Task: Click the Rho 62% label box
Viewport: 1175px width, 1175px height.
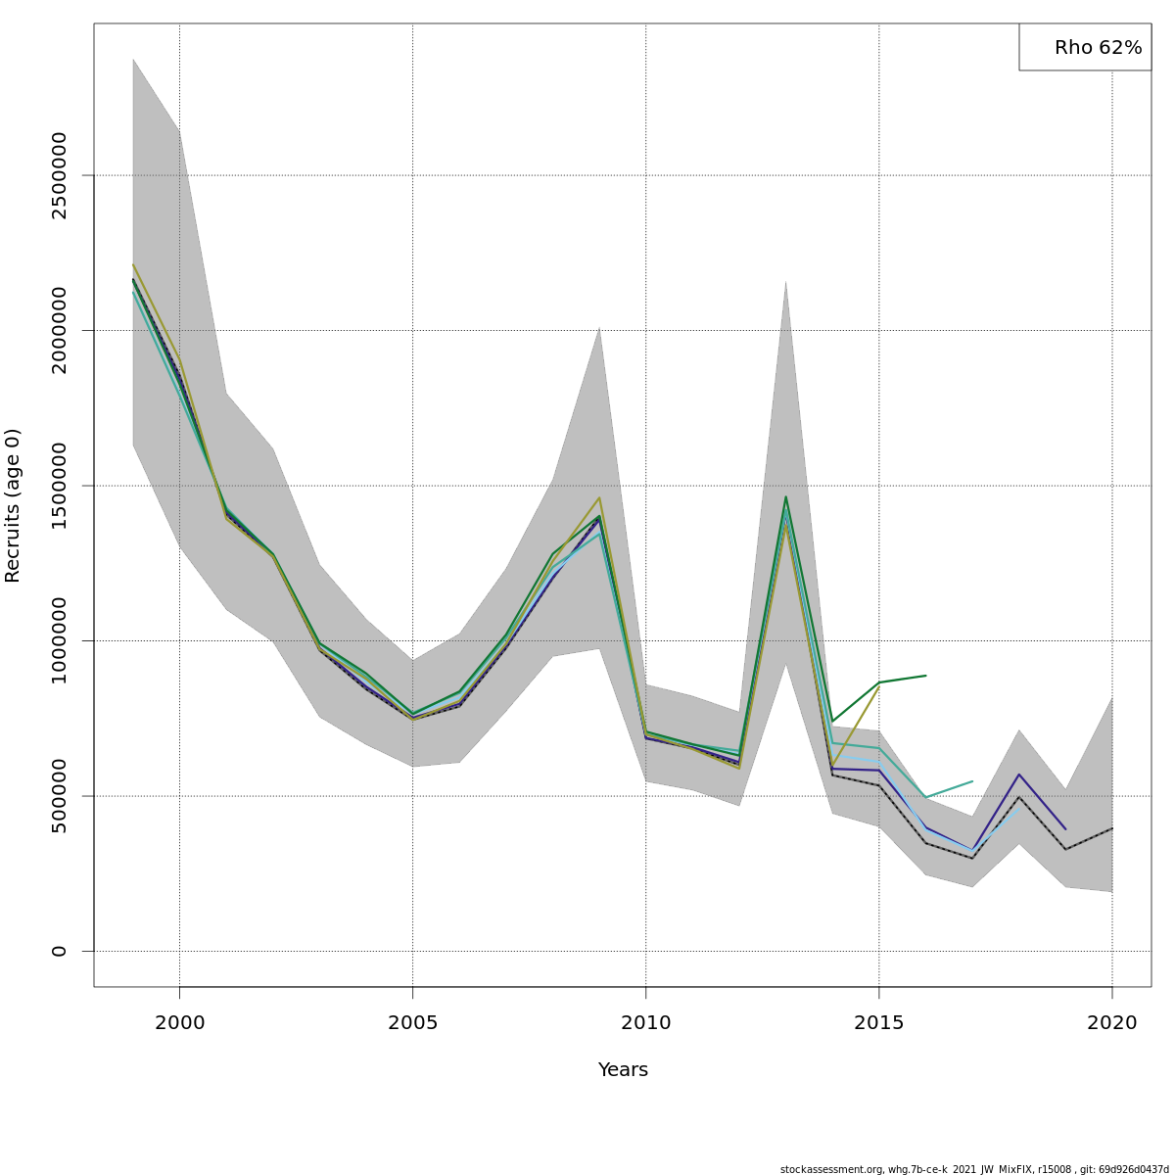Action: point(1085,47)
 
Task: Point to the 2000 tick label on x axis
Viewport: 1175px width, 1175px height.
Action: point(179,1023)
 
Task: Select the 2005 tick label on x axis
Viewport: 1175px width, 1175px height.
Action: point(412,1023)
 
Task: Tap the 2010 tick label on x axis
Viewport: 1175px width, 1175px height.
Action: point(645,1023)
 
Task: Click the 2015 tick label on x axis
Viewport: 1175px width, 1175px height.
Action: point(878,1023)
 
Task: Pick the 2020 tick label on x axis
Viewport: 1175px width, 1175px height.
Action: point(1111,1023)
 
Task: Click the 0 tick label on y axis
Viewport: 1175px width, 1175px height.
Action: point(60,951)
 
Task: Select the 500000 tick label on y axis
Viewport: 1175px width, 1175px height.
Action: point(60,796)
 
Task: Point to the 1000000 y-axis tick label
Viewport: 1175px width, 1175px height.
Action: point(60,640)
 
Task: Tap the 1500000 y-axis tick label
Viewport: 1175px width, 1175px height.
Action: point(60,486)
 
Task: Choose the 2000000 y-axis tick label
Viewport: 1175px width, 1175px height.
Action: point(60,330)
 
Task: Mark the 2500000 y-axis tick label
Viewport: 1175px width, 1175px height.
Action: point(60,175)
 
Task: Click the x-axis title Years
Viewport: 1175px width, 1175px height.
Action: point(623,1070)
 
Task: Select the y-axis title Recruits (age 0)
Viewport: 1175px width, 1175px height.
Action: point(13,505)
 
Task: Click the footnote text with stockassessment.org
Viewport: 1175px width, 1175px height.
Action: point(974,1169)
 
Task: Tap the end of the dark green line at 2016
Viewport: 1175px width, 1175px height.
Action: point(925,676)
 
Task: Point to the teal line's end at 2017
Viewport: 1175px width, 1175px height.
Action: point(972,781)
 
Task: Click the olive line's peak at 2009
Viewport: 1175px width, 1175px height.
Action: point(599,497)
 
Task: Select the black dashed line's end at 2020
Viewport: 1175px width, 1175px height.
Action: point(1111,828)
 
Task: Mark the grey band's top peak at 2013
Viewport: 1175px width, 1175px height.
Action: point(785,281)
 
